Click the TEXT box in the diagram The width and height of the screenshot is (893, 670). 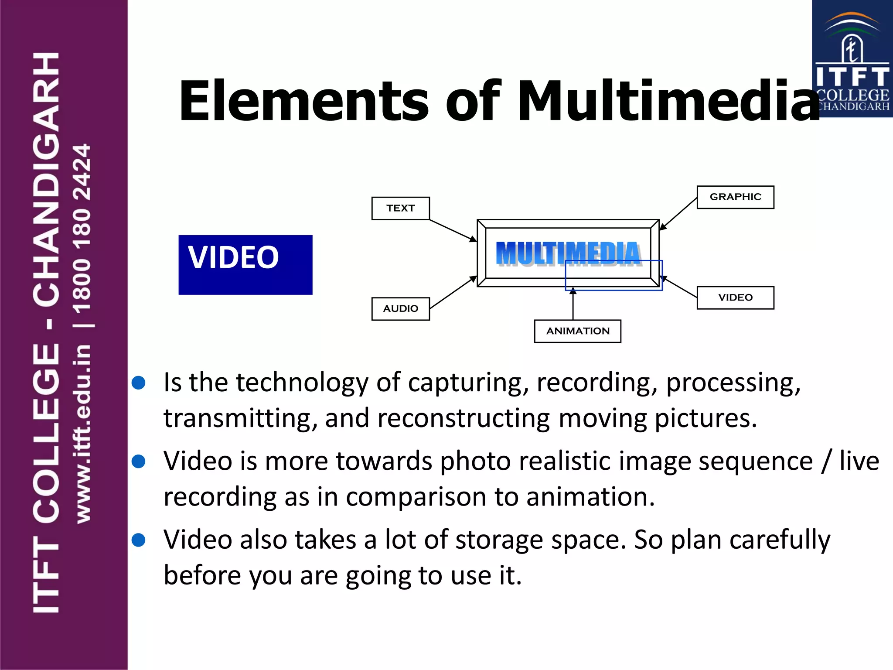coord(400,209)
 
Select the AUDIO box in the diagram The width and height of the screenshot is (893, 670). coord(400,309)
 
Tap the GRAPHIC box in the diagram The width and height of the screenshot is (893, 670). coord(735,197)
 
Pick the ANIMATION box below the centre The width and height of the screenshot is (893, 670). coord(577,331)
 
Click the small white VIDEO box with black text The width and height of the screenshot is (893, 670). coord(735,297)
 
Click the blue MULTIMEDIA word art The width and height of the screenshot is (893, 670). coord(568,253)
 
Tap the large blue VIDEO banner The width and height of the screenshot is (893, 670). coord(245,265)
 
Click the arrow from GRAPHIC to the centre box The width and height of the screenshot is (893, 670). coord(678,214)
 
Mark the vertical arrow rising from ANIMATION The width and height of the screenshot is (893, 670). coord(573,305)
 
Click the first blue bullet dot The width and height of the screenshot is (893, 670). coord(139,383)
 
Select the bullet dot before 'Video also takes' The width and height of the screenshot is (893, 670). coord(139,540)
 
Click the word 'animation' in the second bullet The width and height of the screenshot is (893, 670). coord(590,497)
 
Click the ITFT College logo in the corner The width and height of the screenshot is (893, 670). coord(852,59)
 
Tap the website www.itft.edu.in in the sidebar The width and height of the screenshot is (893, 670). coord(83,434)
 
